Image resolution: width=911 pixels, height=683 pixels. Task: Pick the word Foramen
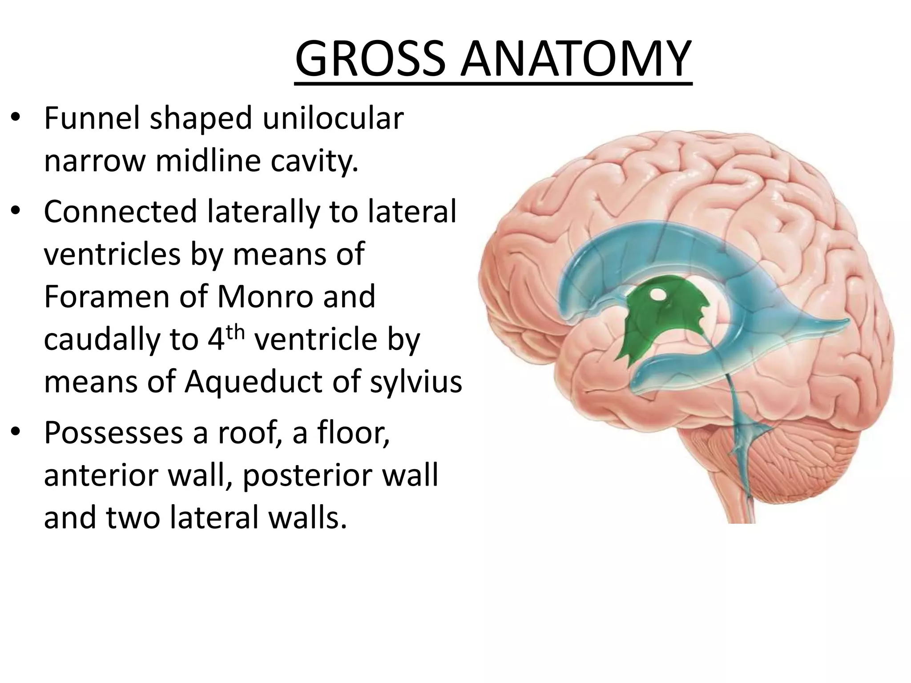(107, 297)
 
